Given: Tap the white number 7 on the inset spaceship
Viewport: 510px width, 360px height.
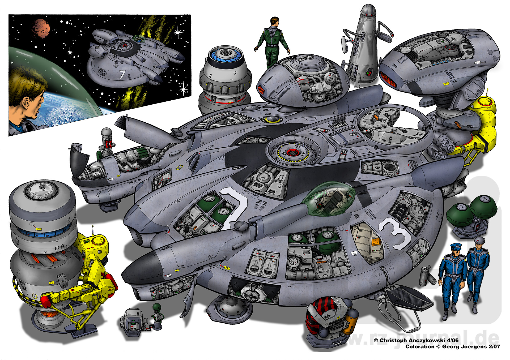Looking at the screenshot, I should [122, 74].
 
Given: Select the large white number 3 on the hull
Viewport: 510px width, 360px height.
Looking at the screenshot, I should [395, 233].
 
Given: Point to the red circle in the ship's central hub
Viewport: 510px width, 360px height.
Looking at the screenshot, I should [292, 152].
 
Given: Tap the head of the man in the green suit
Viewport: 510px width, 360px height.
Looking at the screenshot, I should [274, 22].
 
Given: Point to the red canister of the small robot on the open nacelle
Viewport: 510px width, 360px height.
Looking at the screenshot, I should [108, 144].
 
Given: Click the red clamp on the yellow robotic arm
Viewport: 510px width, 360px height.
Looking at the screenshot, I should [46, 300].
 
